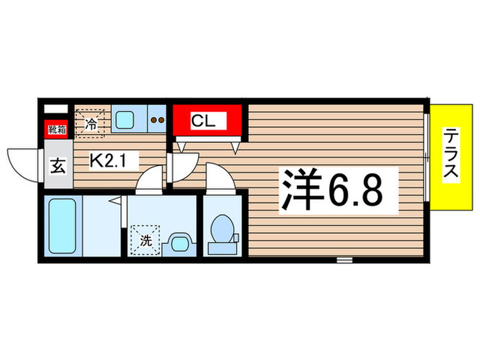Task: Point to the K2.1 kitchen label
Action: [115, 162]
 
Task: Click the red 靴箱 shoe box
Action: [56, 128]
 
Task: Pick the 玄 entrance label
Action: [58, 167]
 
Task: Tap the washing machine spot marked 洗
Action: [146, 240]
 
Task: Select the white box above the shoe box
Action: [56, 109]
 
